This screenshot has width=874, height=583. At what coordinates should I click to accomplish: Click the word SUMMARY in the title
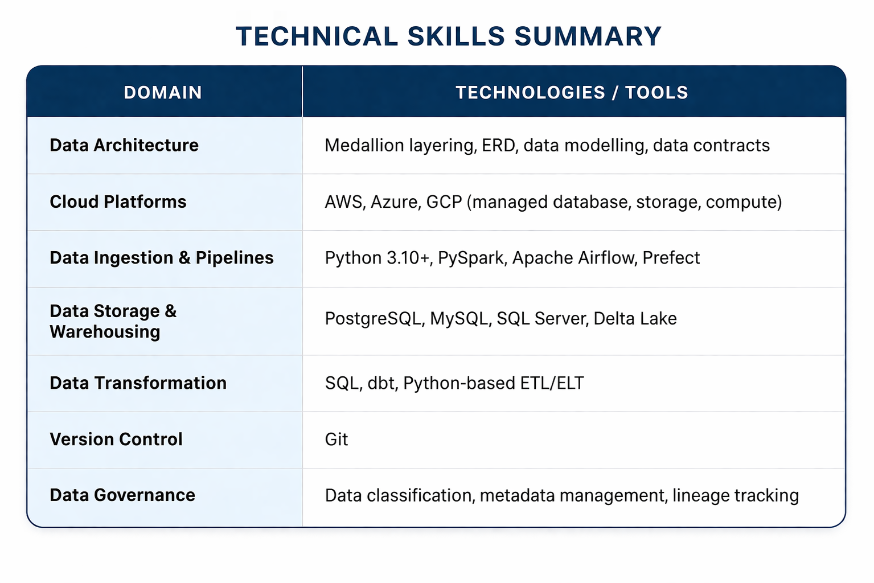pos(588,36)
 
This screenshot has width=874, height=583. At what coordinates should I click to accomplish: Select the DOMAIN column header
pos(163,92)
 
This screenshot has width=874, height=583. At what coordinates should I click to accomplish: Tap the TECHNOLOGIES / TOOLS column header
pos(572,92)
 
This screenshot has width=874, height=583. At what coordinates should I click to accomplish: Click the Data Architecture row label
pos(124,145)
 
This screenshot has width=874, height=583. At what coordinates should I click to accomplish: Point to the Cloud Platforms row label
pos(118,202)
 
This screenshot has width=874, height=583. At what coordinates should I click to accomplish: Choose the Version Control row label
pos(116,439)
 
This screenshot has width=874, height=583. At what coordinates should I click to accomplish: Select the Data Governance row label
pos(122,495)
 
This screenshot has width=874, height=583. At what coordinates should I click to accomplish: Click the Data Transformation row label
pos(138,383)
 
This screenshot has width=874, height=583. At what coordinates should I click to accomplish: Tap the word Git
pos(336,440)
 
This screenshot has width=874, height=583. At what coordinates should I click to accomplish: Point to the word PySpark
pos(470,258)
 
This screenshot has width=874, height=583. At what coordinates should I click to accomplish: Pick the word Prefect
pos(671,257)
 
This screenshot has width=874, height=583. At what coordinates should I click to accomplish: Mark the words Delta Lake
pos(635,318)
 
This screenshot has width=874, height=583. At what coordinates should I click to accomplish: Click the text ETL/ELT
pos(552,383)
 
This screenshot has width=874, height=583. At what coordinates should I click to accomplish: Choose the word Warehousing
pos(105,332)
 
